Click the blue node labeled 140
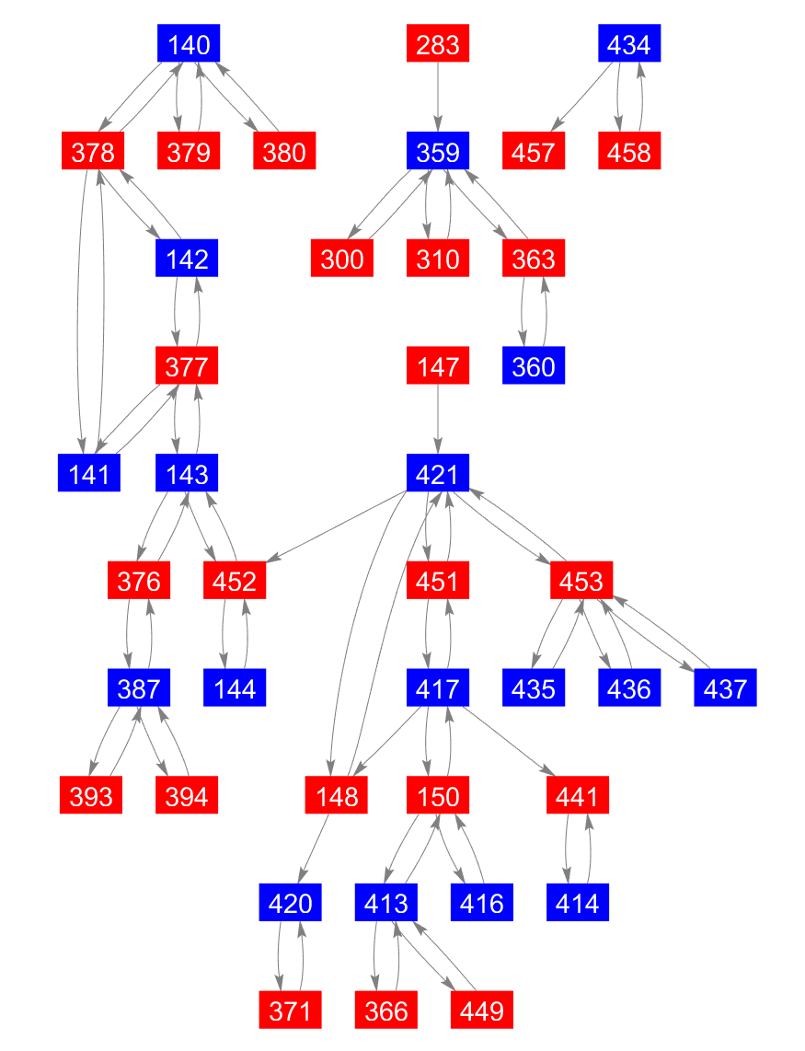point(189,44)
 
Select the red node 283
point(438,44)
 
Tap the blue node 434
point(629,44)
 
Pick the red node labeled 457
point(534,152)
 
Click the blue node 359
point(438,152)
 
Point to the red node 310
point(438,260)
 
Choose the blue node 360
point(534,367)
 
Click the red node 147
point(438,367)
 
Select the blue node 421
point(438,474)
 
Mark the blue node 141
point(89,474)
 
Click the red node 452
point(235,582)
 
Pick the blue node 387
point(139,688)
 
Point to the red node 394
point(187,796)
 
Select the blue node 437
point(725,688)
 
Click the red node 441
point(578,796)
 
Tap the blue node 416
point(482,904)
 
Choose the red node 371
point(291,1011)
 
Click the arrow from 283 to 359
point(438,98)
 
